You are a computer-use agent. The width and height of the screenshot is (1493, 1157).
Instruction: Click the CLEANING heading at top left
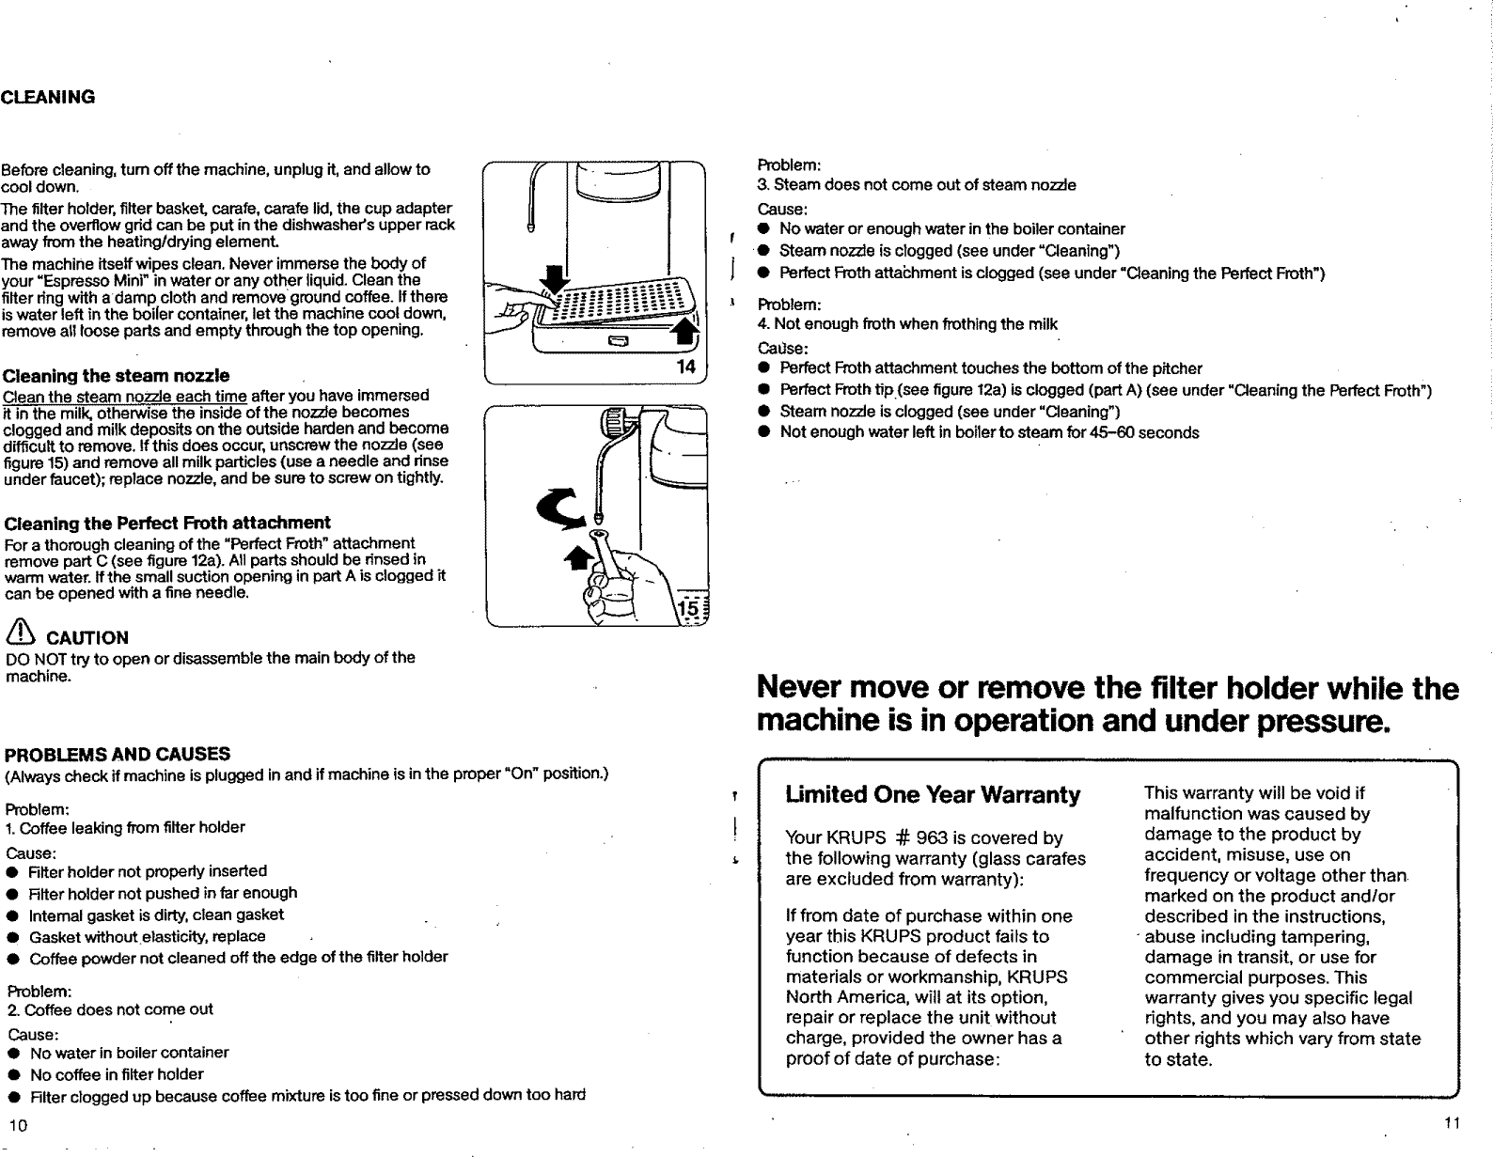point(48,97)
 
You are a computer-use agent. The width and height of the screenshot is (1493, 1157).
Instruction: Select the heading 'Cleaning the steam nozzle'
point(117,376)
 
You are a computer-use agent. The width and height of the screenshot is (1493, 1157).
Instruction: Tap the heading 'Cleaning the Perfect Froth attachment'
point(167,523)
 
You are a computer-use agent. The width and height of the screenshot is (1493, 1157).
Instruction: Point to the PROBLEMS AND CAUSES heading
point(118,754)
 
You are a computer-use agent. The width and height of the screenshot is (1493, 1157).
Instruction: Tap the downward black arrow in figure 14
point(556,279)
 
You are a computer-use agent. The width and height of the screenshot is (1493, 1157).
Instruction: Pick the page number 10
point(17,1126)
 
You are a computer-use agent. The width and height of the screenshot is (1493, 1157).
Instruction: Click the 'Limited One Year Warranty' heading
point(933,795)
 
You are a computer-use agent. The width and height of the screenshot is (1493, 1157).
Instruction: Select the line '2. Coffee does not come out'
point(109,1009)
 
